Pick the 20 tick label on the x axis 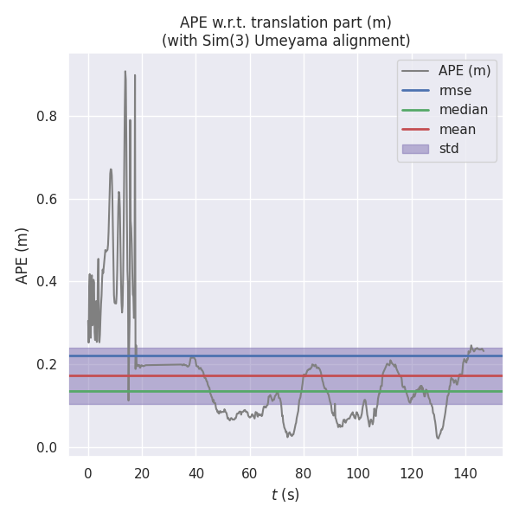click(x=142, y=472)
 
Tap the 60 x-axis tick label click(x=250, y=472)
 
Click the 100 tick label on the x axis click(x=357, y=472)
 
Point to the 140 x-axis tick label click(x=465, y=472)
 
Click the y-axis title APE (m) click(x=22, y=255)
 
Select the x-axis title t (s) click(x=285, y=495)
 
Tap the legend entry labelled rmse click(x=455, y=90)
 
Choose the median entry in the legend click(x=463, y=110)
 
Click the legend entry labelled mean click(x=457, y=129)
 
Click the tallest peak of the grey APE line click(x=125, y=72)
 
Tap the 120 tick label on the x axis click(x=412, y=472)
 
